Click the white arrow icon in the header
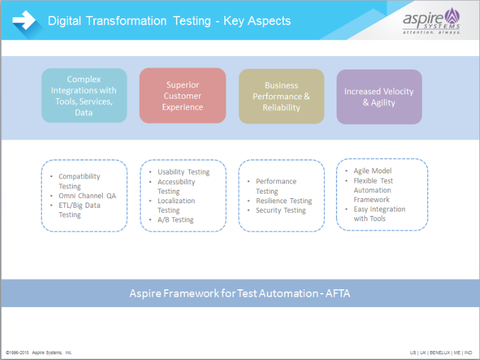[24, 20]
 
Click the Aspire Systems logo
[431, 20]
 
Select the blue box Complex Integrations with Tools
[84, 96]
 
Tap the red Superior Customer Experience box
[182, 96]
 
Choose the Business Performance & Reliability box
[281, 96]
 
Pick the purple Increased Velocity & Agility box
[379, 97]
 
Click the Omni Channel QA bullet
[87, 196]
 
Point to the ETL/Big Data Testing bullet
[79, 210]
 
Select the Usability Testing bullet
[184, 172]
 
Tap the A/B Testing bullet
[175, 220]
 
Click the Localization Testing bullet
[176, 205]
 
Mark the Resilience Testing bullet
[284, 201]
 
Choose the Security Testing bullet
[280, 210]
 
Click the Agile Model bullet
[372, 171]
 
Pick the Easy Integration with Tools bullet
[379, 213]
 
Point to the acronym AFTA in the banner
[336, 293]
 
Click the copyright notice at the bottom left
[39, 352]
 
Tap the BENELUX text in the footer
[439, 352]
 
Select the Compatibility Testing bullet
[79, 181]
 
